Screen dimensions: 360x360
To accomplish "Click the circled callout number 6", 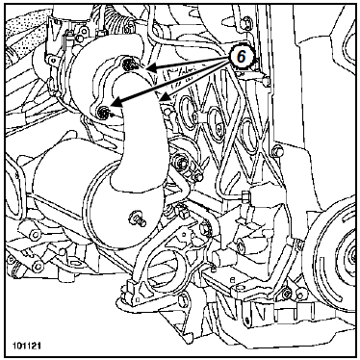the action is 241,57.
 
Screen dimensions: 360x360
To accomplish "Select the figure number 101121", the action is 27,346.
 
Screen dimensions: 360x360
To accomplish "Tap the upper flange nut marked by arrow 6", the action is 130,64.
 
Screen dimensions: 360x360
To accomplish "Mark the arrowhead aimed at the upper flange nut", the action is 152,68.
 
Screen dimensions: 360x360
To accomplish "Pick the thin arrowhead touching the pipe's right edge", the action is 164,96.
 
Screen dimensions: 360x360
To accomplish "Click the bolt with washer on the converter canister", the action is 137,219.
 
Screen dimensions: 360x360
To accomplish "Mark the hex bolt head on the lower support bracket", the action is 204,227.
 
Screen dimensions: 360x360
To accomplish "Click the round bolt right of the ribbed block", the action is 277,149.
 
